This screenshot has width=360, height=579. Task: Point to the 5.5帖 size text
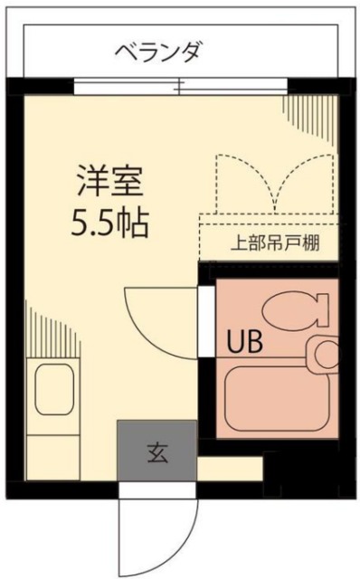pyautogui.click(x=110, y=222)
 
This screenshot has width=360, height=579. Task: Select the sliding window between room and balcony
pyautogui.click(x=181, y=88)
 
